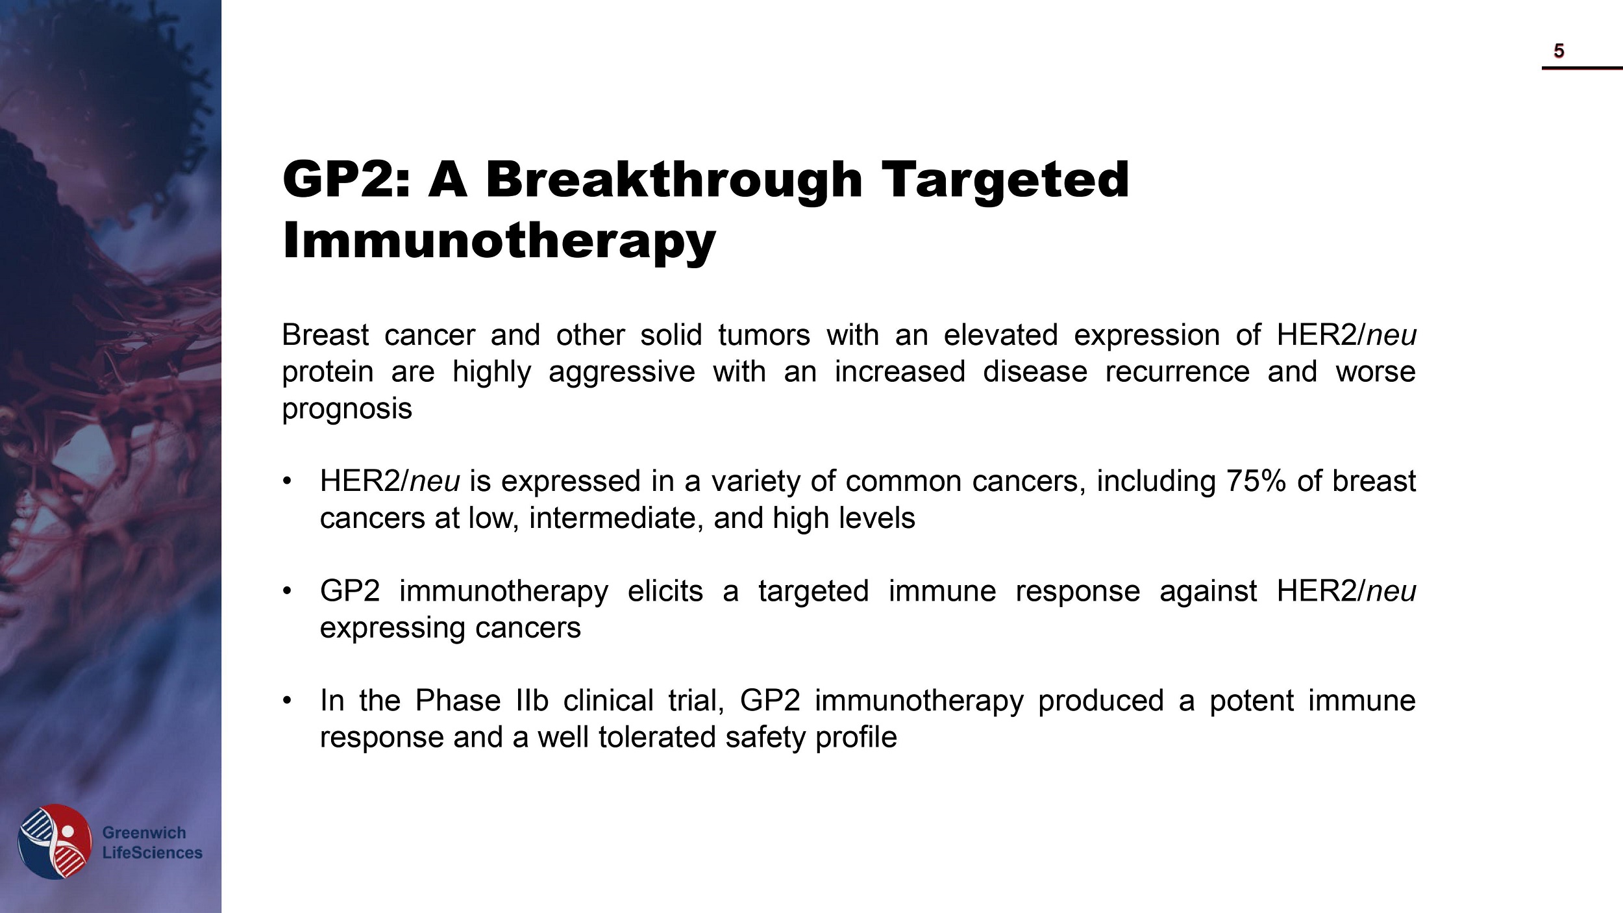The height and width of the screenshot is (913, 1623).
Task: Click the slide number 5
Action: [x=1559, y=51]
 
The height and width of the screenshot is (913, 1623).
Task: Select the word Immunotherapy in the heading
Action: [x=499, y=240]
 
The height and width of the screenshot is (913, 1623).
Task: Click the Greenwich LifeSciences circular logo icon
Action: [x=55, y=842]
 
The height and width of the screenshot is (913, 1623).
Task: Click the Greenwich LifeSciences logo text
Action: [x=152, y=842]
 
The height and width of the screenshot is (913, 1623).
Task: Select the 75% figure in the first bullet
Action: [x=1256, y=481]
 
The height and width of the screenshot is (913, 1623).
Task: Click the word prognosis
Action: [x=347, y=409]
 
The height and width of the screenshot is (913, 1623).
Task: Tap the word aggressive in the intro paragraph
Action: [x=621, y=372]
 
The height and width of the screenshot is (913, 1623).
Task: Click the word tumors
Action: [x=764, y=335]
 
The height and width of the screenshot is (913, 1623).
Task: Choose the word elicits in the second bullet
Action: [x=665, y=591]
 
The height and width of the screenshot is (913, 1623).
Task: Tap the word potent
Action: [x=1251, y=701]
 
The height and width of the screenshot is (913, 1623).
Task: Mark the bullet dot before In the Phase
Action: [x=288, y=701]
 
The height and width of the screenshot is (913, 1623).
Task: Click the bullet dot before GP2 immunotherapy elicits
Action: [x=288, y=591]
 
